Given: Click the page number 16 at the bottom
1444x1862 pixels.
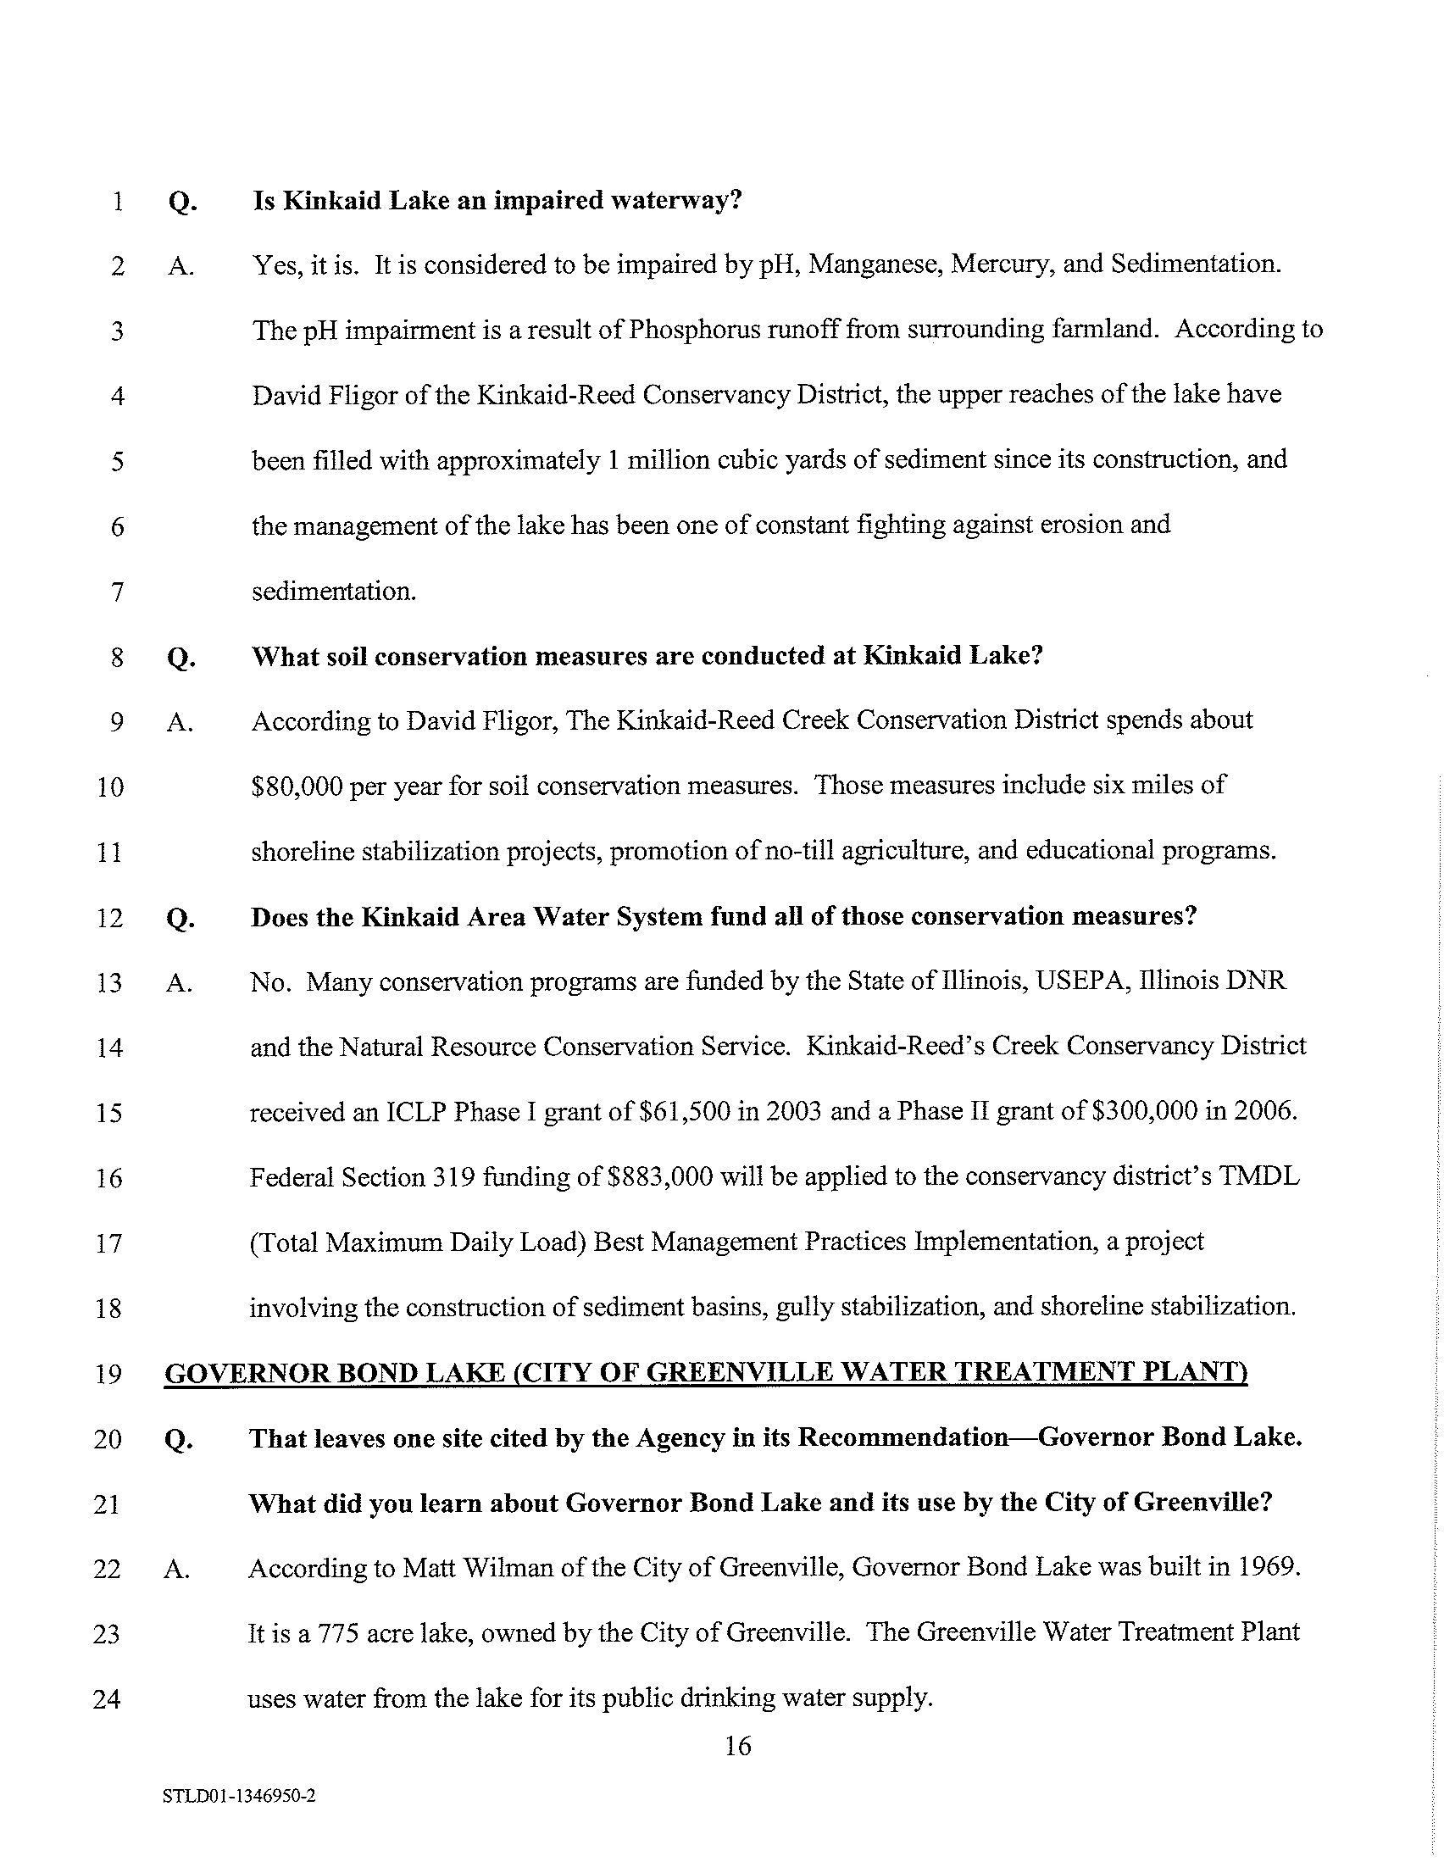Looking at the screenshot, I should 737,1747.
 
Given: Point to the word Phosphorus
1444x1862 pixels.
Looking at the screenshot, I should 686,330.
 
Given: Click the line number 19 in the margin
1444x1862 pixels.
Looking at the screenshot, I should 108,1375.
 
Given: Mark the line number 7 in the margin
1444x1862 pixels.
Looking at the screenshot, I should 118,592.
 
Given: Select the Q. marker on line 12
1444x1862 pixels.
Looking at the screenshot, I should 178,918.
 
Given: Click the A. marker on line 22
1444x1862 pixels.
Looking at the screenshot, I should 176,1569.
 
